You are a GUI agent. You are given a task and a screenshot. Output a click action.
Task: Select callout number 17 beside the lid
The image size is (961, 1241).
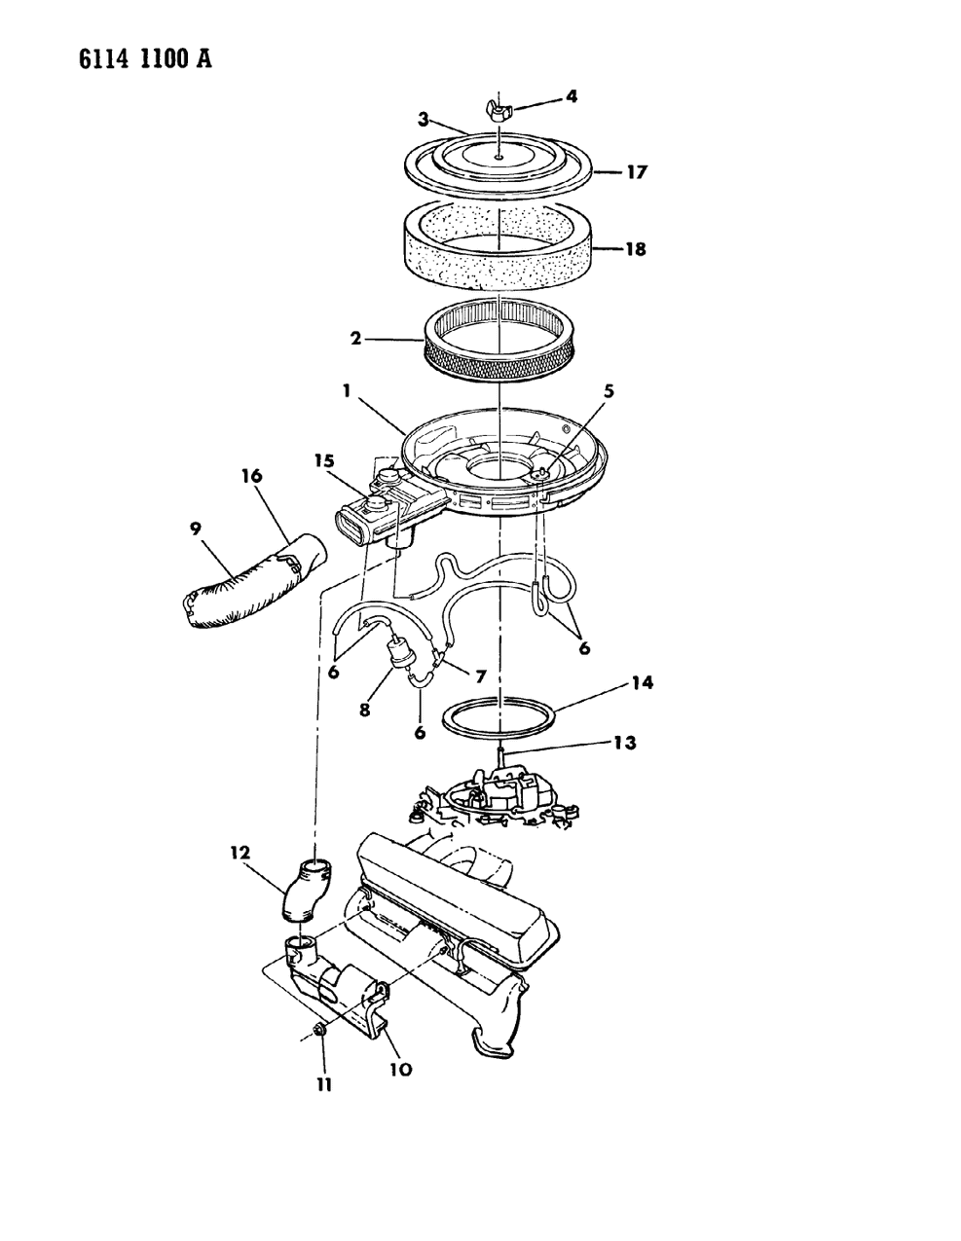pyautogui.click(x=637, y=172)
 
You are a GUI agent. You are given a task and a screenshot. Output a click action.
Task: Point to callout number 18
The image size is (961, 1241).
pyautogui.click(x=637, y=249)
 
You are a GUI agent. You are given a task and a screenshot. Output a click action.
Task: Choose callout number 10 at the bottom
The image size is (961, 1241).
pyautogui.click(x=400, y=1069)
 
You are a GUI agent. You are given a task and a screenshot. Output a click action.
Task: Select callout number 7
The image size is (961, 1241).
pyautogui.click(x=480, y=675)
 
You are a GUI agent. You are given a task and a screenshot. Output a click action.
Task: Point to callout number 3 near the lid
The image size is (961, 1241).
pyautogui.click(x=425, y=119)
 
